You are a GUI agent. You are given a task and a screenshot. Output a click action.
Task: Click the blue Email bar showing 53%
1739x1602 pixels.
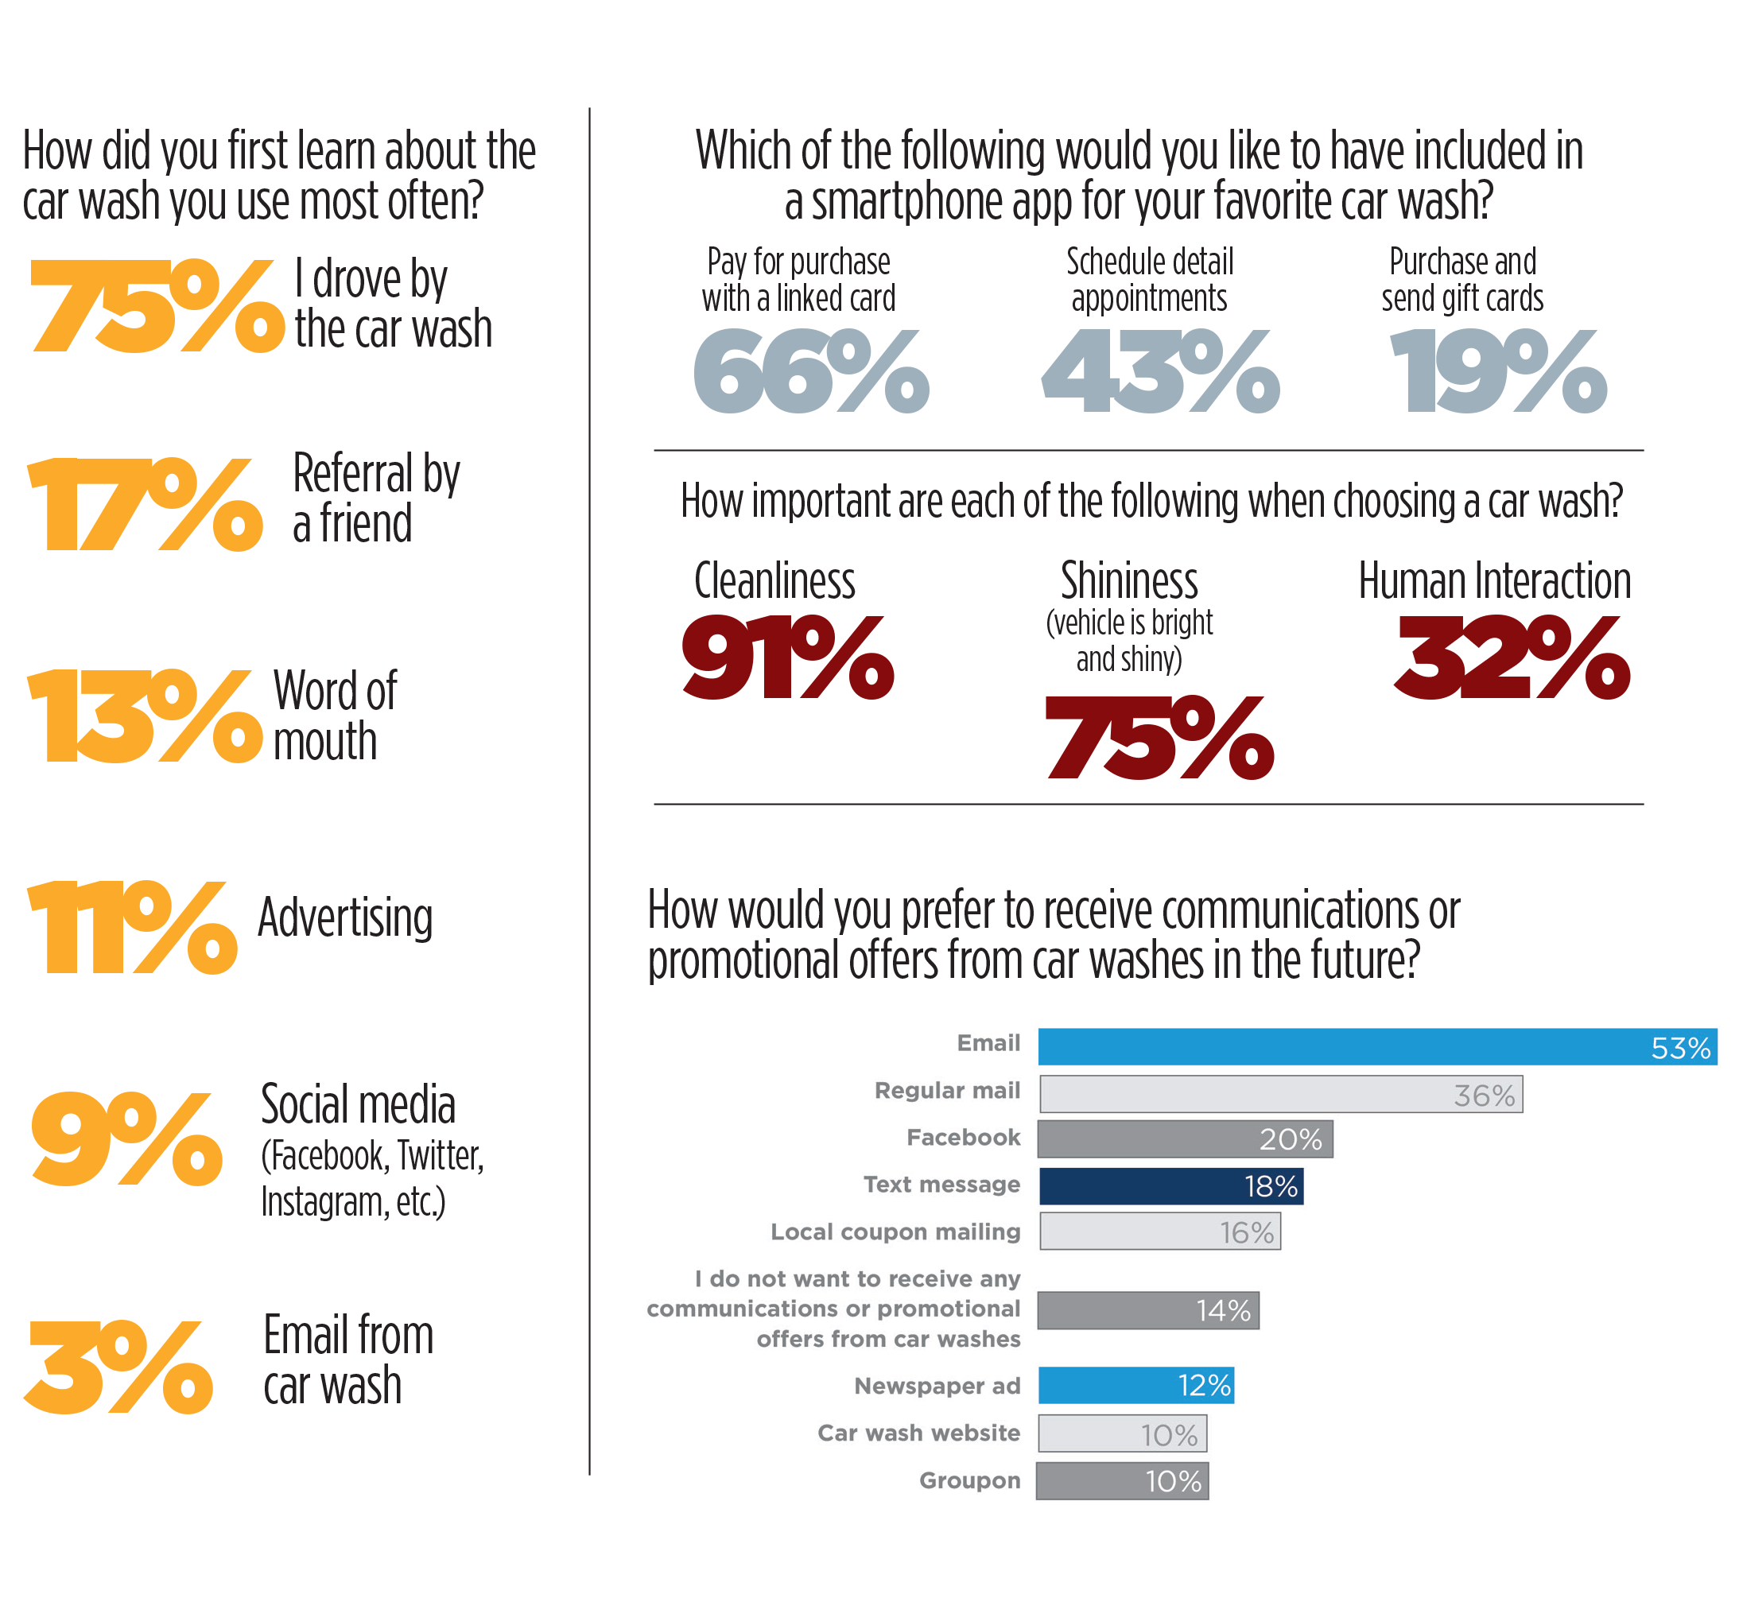pos(1376,1047)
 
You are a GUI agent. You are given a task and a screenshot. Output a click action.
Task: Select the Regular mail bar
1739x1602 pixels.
pos(1280,1095)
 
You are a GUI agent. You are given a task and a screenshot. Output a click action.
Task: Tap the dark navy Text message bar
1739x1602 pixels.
pos(1170,1186)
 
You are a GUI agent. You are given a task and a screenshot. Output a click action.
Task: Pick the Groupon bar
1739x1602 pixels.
pos(1122,1481)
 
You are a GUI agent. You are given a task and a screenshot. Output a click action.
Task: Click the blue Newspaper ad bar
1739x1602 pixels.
pos(1135,1385)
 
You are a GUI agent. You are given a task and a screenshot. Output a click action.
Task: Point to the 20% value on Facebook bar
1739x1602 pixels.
pos(1291,1140)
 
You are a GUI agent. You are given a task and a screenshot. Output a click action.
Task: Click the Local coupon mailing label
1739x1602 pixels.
pos(895,1232)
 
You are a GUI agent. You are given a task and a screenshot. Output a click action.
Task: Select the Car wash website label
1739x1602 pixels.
pos(918,1433)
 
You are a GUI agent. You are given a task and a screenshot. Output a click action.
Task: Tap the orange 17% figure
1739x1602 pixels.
pos(146,506)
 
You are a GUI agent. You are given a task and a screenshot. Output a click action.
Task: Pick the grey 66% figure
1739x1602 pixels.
pos(811,372)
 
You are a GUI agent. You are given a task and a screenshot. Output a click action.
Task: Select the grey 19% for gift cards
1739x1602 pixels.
pos(1499,372)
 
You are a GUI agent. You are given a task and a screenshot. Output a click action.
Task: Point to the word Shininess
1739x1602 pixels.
pos(1128,582)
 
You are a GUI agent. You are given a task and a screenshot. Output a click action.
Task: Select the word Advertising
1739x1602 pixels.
pos(345,918)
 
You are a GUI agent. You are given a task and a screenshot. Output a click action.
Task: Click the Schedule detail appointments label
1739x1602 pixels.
pos(1150,280)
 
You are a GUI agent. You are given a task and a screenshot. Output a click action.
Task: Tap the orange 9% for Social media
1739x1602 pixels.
pos(127,1139)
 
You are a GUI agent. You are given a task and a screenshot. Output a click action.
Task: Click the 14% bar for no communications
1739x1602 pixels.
pos(1147,1311)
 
